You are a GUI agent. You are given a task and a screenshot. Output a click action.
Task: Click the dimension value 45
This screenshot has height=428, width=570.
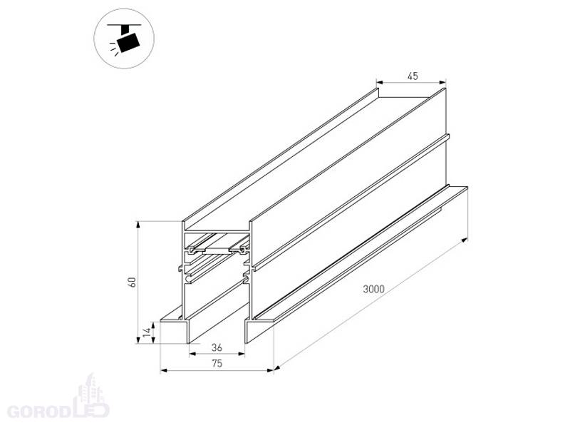[413, 76]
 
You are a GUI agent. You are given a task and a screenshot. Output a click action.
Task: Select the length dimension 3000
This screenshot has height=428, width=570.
[373, 289]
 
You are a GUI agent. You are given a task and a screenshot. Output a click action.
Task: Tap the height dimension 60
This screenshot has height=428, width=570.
[133, 282]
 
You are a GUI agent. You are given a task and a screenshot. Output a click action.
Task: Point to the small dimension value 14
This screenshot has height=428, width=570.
[147, 332]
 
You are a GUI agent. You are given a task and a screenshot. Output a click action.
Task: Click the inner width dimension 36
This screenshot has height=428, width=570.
[217, 347]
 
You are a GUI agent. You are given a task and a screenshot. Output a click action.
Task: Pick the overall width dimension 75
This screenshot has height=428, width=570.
[217, 363]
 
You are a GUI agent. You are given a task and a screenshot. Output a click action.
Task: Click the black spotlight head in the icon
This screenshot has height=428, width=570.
[128, 42]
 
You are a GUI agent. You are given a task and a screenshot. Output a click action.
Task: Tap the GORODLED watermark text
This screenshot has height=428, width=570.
[58, 410]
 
